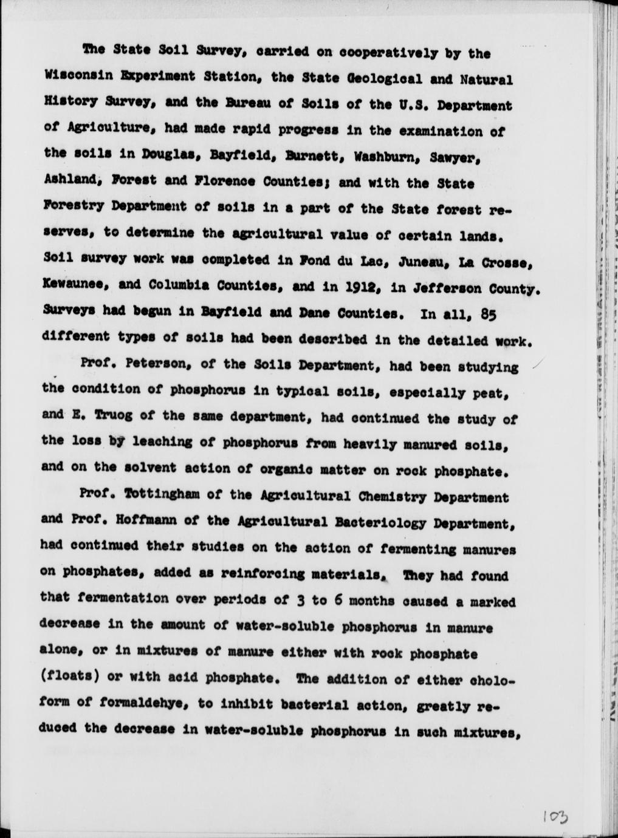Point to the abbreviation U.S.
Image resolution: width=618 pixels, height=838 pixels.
(414, 105)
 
